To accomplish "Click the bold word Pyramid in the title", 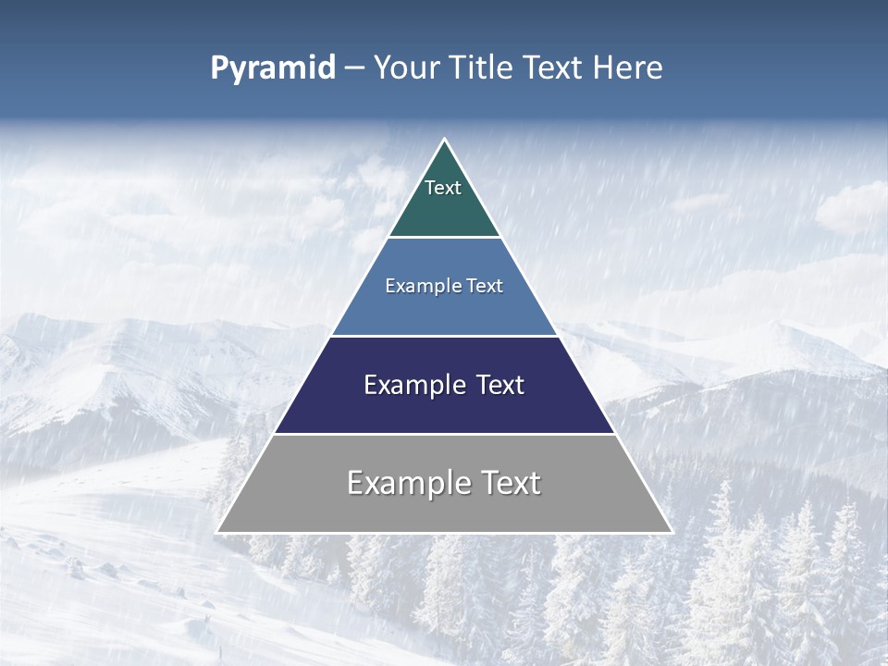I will click(272, 68).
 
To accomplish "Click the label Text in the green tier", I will click(443, 188).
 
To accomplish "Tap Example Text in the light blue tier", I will click(444, 286).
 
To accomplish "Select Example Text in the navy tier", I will click(444, 385).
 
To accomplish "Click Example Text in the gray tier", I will click(444, 483).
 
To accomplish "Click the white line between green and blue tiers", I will click(444, 238).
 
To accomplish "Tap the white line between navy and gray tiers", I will click(444, 434).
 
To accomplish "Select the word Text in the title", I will click(553, 68).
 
